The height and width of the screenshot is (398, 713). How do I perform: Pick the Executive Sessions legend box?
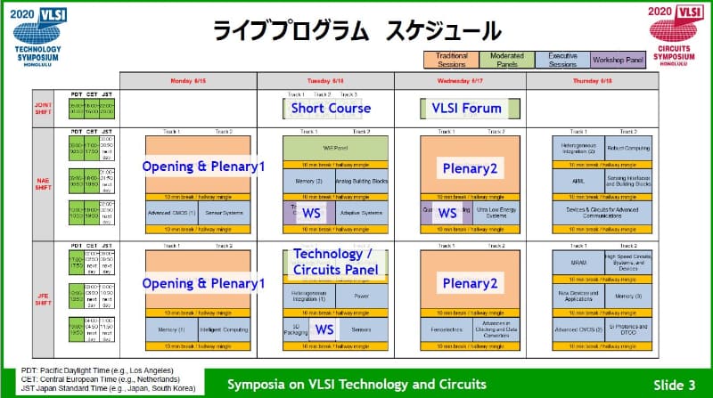[562, 61]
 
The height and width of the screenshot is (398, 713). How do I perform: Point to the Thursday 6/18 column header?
[592, 80]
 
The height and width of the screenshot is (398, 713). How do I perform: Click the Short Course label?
[324, 109]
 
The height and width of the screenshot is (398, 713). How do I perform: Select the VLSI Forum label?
[461, 109]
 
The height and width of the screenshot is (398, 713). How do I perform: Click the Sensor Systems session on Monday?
[221, 214]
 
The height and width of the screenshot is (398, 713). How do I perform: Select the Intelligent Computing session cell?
[221, 332]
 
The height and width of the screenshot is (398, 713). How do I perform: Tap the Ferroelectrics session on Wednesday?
[440, 332]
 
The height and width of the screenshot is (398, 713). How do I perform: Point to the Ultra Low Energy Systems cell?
[493, 214]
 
